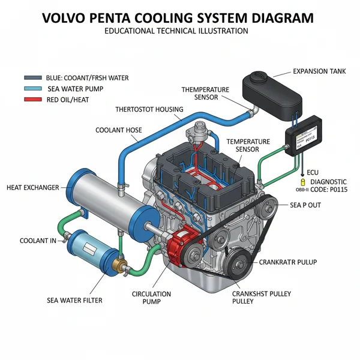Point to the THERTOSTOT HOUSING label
tap(149, 110)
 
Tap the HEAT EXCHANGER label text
tap(32, 188)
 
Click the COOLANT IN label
tap(37, 241)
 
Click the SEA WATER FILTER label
tap(75, 300)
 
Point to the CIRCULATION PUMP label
tap(151, 298)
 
